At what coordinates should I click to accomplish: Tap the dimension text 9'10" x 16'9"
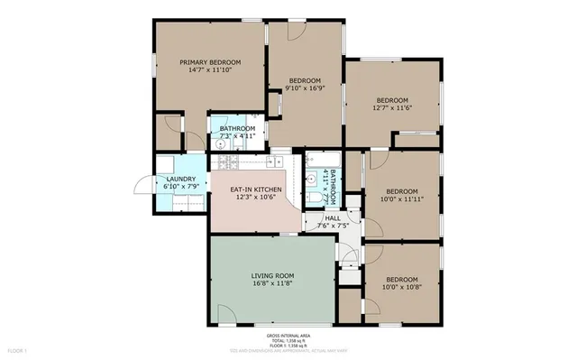[303, 88]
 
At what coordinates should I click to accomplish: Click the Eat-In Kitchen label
[256, 189]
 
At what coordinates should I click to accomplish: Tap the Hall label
[333, 217]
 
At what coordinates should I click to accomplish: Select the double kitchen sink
[270, 163]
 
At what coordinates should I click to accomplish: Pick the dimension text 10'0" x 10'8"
[402, 288]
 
